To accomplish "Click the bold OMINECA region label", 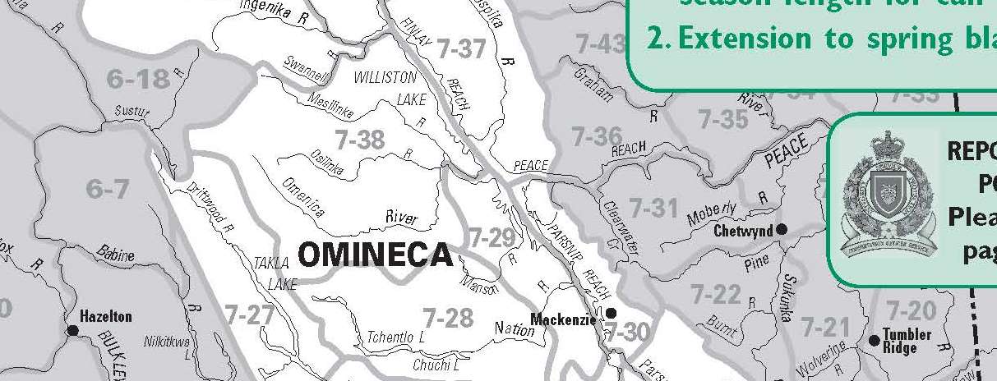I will pos(375,255).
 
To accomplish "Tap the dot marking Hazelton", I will pos(72,330).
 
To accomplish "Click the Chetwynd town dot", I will pos(782,229).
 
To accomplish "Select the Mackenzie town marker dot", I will pos(611,313).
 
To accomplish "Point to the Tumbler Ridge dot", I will pos(874,340).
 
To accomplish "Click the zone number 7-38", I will pos(359,140).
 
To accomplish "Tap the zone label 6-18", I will pos(138,79).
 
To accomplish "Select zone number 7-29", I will pos(492,238).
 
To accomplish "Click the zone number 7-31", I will pos(653,208).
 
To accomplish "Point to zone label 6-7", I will pos(108,190).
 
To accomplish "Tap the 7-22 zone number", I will pos(715,293).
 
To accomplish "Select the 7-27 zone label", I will pos(248,314).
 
